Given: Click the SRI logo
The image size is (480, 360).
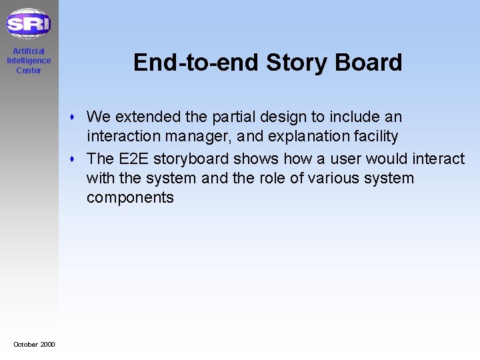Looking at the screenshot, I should tap(28, 24).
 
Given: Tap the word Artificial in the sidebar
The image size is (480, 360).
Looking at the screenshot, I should tap(29, 51).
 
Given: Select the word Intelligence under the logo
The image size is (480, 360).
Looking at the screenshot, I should tap(29, 61).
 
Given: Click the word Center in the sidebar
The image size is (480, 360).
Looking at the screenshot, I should tap(29, 71).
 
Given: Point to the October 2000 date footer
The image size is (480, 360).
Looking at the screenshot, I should tap(34, 344).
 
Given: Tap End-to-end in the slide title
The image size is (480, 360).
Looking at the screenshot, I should tap(196, 63).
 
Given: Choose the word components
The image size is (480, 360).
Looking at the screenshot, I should tap(130, 197).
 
